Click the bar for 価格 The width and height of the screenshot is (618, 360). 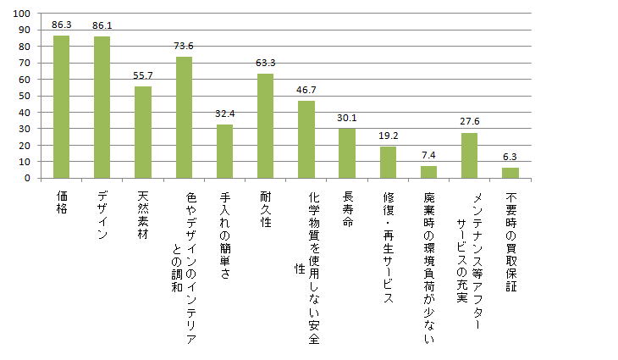[x=61, y=108]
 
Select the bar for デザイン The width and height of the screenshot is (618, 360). [x=102, y=108]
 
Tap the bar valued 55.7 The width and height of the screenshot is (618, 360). [x=143, y=132]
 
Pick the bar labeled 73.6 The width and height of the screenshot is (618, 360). [x=184, y=118]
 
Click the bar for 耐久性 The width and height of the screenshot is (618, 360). [x=265, y=126]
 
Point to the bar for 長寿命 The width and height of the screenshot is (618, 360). [x=347, y=153]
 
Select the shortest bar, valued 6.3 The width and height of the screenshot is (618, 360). [x=510, y=173]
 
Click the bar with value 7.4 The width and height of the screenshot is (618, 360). [x=428, y=172]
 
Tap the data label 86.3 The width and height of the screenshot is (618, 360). [x=61, y=25]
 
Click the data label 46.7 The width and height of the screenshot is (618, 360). [x=306, y=90]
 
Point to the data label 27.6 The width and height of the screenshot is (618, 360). [x=469, y=122]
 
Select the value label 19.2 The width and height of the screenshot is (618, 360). [x=388, y=136]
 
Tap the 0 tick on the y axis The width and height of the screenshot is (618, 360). [x=28, y=179]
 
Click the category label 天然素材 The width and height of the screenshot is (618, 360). [x=143, y=215]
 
